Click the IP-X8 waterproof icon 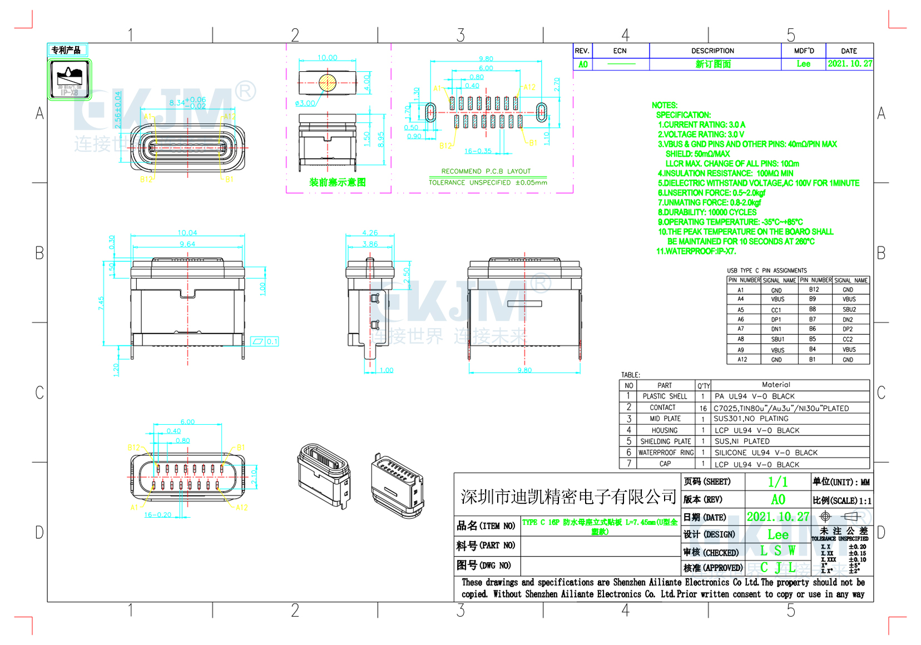pyautogui.click(x=70, y=78)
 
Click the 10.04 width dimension pyautogui.click(x=187, y=232)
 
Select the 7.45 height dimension pyautogui.click(x=101, y=303)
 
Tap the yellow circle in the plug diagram pyautogui.click(x=328, y=83)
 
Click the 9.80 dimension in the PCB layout pyautogui.click(x=486, y=58)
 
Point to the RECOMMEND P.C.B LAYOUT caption pyautogui.click(x=486, y=171)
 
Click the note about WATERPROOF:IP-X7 pyautogui.click(x=696, y=251)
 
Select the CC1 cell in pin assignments pyautogui.click(x=776, y=310)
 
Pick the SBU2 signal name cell pyautogui.click(x=849, y=309)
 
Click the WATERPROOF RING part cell pyautogui.click(x=666, y=453)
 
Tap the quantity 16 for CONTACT pyautogui.click(x=703, y=408)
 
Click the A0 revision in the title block pyautogui.click(x=778, y=499)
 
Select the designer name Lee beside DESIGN pyautogui.click(x=778, y=535)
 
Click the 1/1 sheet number pyautogui.click(x=778, y=482)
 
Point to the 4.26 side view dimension pyautogui.click(x=370, y=232)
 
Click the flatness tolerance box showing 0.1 pyautogui.click(x=265, y=341)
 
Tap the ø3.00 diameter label pyautogui.click(x=305, y=103)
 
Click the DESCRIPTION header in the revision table pyautogui.click(x=712, y=51)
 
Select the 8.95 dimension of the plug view pyautogui.click(x=381, y=139)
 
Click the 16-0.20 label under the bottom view pyautogui.click(x=158, y=515)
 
